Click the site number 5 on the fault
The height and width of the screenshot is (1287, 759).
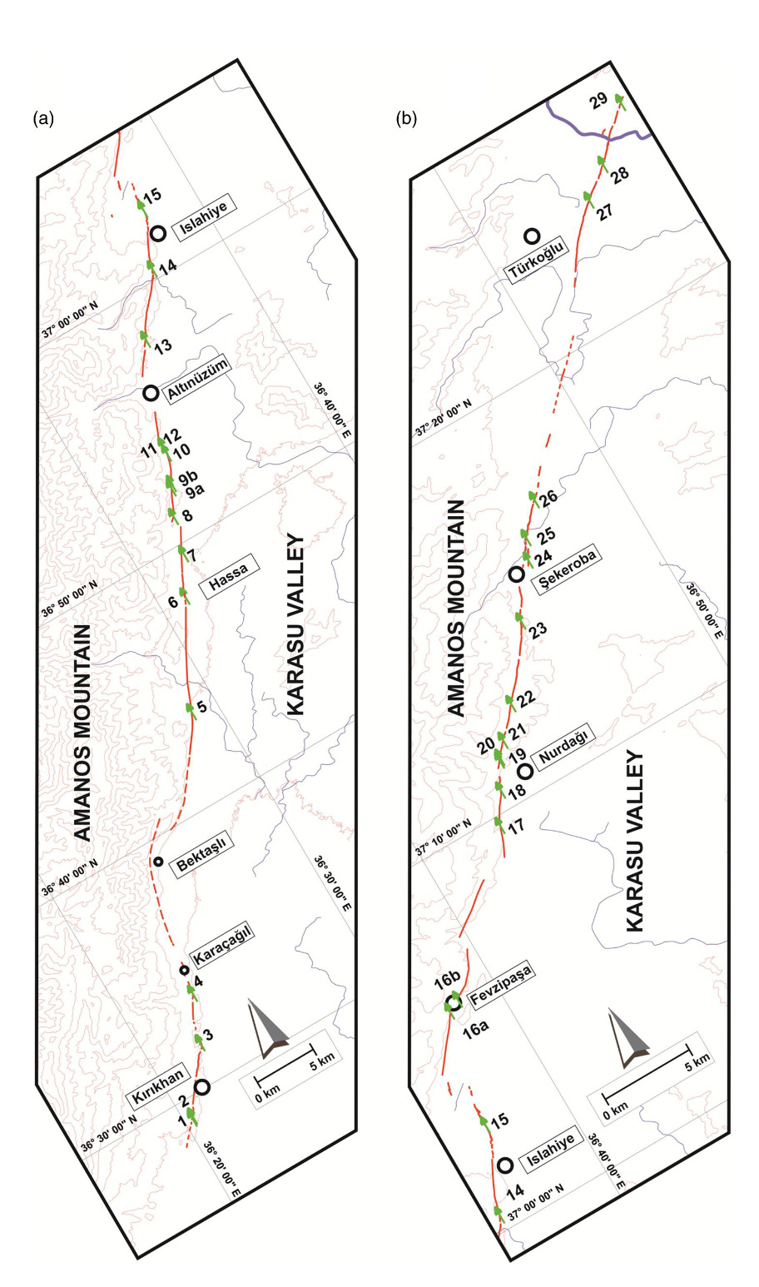click(x=201, y=709)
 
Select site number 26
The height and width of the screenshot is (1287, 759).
click(x=547, y=500)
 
